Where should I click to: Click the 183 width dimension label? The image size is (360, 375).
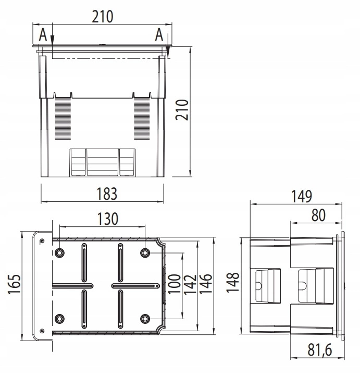(x=107, y=193)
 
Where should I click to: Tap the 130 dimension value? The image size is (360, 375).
(x=108, y=219)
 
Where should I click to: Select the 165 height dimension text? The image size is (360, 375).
(x=14, y=284)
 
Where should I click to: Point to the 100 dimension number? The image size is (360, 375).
(x=174, y=284)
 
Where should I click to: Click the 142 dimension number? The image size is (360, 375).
(x=190, y=284)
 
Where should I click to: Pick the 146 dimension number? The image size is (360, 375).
(x=206, y=284)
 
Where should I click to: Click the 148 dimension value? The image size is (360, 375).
(x=233, y=282)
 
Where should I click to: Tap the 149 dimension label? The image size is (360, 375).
(x=302, y=196)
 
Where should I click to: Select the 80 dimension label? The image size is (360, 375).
(x=318, y=215)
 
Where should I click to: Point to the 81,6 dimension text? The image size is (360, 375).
(x=320, y=350)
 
